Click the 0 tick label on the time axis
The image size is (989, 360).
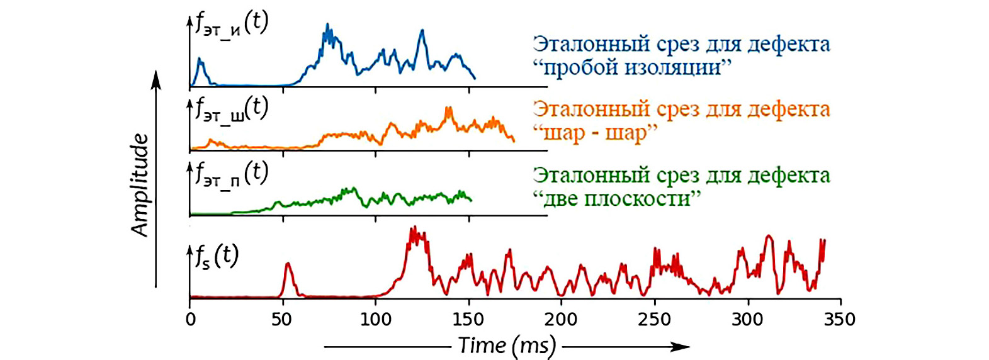(x=190, y=319)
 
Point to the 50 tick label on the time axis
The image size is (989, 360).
(x=282, y=319)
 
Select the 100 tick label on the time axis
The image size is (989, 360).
(x=375, y=319)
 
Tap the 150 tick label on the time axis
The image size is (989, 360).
(x=468, y=319)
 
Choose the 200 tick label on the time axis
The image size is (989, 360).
(x=561, y=319)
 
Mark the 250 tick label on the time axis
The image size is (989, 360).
(x=654, y=319)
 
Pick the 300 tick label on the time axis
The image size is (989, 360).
(x=747, y=319)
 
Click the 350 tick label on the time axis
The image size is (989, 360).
(x=840, y=319)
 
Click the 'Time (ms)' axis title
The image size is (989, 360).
(x=507, y=346)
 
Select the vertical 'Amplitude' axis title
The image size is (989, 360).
(x=140, y=185)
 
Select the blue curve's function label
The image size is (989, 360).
(x=232, y=25)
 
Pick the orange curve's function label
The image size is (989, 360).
(x=232, y=110)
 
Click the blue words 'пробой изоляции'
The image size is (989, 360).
(x=632, y=67)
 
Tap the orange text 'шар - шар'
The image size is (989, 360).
(x=596, y=133)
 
